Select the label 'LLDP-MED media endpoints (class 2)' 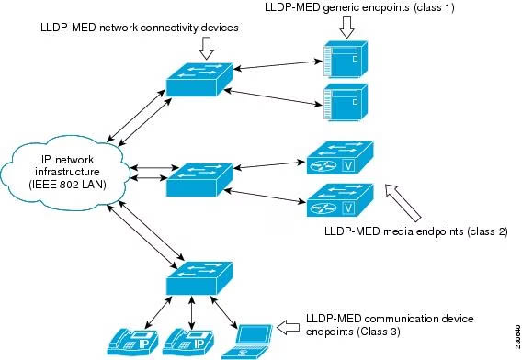pyautogui.click(x=415, y=231)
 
